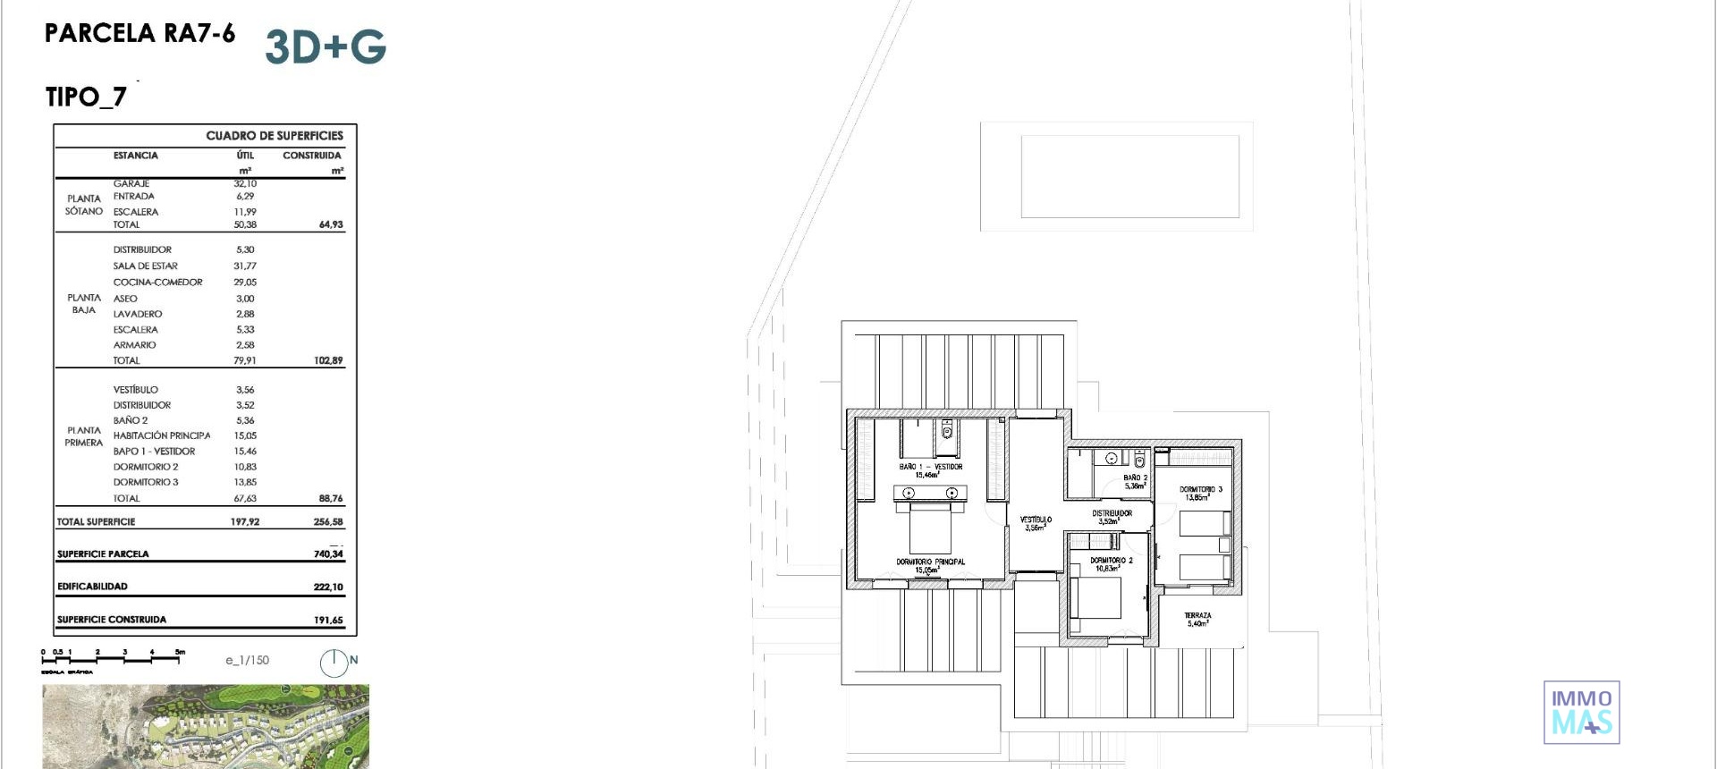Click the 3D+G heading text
[326, 46]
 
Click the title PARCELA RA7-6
[140, 33]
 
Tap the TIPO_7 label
[86, 97]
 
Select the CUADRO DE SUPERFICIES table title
[274, 136]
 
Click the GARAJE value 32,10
[245, 183]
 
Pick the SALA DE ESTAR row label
[145, 266]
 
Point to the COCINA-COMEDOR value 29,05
[245, 282]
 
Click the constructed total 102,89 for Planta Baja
[328, 360]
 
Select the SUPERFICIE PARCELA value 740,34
[328, 554]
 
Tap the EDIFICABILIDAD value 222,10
[328, 587]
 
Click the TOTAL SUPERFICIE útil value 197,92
[245, 521]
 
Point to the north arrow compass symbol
[334, 663]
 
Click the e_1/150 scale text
[247, 660]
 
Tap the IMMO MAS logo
[1581, 712]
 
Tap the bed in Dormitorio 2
[1095, 597]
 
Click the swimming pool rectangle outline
[1129, 176]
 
